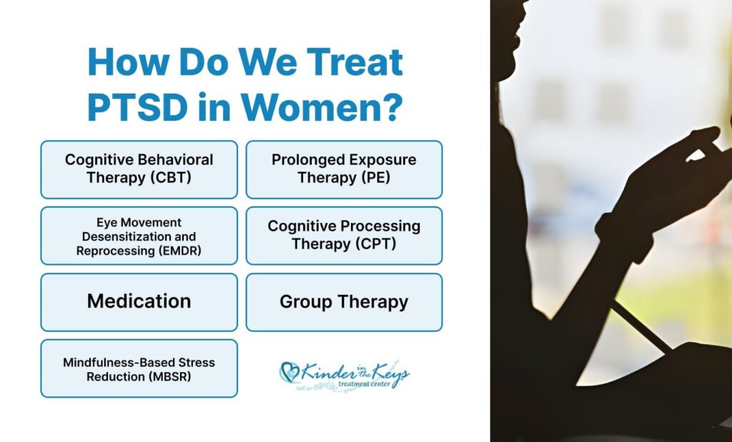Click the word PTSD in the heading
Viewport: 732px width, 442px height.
(137, 107)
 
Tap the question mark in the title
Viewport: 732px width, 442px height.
(393, 107)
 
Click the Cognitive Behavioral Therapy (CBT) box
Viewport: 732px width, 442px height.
(139, 170)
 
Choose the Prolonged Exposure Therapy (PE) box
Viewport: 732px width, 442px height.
(344, 170)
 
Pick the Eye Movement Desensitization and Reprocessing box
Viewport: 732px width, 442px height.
(139, 236)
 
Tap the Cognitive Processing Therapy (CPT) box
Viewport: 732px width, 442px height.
(344, 236)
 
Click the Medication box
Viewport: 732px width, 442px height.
(139, 302)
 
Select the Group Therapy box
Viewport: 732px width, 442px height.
(344, 302)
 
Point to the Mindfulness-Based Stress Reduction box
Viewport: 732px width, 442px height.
(139, 368)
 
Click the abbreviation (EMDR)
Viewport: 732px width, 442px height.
(179, 251)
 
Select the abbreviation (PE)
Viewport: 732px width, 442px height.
(374, 178)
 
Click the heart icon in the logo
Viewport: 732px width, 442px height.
(290, 372)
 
